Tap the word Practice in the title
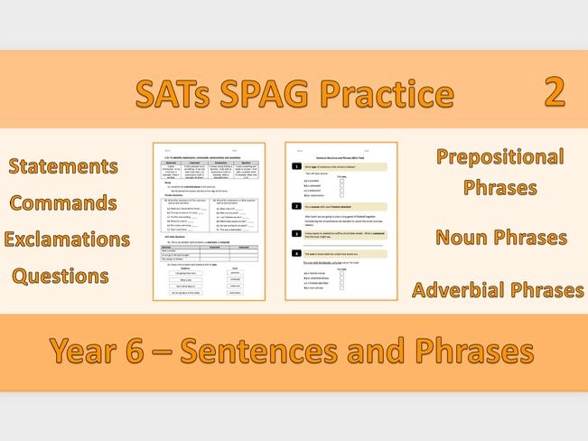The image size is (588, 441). (x=394, y=94)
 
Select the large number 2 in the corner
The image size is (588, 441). (x=555, y=92)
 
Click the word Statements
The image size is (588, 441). (x=63, y=166)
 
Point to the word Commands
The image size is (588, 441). (x=63, y=202)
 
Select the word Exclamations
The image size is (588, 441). (x=67, y=239)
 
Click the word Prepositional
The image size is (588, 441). (x=499, y=157)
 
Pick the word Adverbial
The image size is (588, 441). (x=462, y=290)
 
